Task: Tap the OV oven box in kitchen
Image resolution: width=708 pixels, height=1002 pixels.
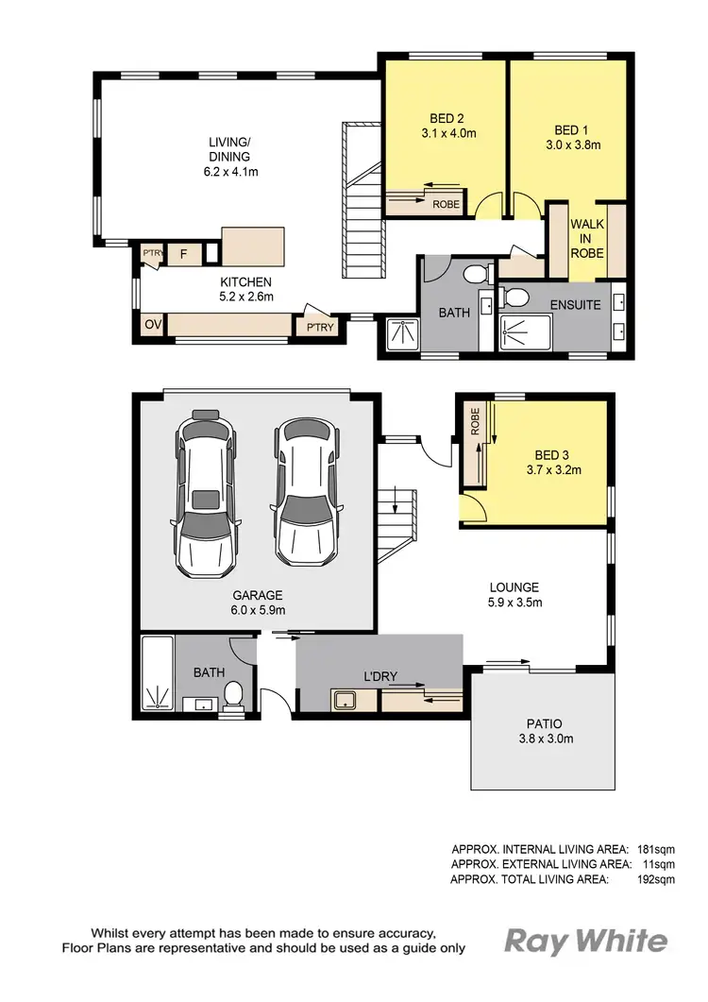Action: tap(152, 325)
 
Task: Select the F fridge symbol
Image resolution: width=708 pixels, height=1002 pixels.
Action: tap(184, 253)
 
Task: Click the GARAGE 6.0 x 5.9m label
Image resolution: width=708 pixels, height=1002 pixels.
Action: tap(259, 603)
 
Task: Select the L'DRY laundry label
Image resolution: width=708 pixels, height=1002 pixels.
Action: tap(379, 678)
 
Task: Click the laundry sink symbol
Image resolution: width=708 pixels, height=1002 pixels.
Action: tap(344, 700)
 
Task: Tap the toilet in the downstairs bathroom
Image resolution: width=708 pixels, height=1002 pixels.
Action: tap(233, 697)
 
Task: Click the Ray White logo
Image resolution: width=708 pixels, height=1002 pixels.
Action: tap(586, 941)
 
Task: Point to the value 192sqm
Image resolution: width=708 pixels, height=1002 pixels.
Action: tap(656, 879)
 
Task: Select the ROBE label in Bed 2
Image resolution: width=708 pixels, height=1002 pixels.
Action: tap(446, 203)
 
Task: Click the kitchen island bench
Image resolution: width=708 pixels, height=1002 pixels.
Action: tap(252, 247)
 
